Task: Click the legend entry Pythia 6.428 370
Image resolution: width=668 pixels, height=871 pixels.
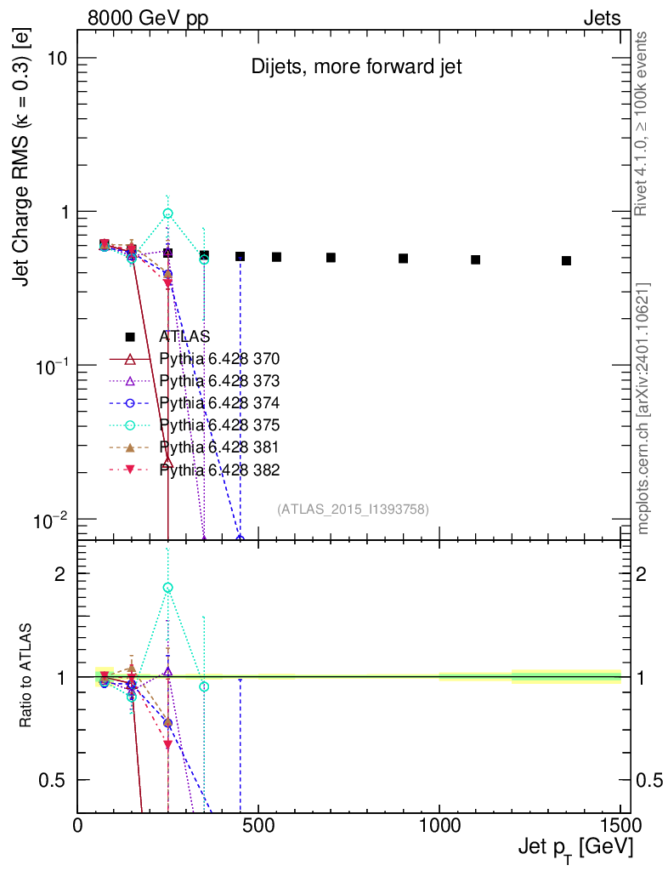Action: coord(219,358)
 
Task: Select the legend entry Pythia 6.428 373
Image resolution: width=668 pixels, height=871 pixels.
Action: coord(219,380)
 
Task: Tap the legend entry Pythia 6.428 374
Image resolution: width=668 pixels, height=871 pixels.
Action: coord(219,402)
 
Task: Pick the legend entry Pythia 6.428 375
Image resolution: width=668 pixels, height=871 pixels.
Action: coord(219,424)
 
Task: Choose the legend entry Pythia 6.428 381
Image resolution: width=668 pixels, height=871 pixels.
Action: coord(219,447)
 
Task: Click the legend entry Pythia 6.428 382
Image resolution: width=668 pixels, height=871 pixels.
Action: coord(219,470)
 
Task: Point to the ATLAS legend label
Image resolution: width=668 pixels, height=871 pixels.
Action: coord(184,336)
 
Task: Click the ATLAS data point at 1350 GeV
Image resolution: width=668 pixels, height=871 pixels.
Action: coord(566,261)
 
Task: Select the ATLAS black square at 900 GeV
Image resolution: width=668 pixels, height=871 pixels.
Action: coord(404,259)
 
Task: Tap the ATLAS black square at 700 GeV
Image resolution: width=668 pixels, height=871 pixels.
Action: coord(331,258)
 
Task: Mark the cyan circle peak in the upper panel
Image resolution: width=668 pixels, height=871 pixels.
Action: coord(168,213)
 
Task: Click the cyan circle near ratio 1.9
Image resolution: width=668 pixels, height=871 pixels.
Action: coord(168,588)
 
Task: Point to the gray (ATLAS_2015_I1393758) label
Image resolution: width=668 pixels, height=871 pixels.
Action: coord(353,510)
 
